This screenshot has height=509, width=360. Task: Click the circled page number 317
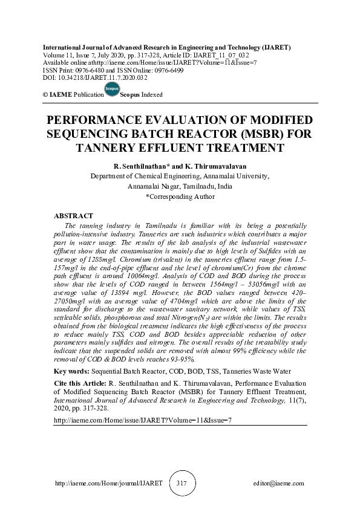pyautogui.click(x=182, y=484)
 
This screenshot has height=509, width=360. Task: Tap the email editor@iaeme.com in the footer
pyautogui.click(x=279, y=484)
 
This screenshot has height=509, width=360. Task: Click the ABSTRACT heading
pyautogui.click(x=73, y=216)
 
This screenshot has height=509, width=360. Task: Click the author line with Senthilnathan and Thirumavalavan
pyautogui.click(x=180, y=166)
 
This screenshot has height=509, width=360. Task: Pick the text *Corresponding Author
pyautogui.click(x=180, y=196)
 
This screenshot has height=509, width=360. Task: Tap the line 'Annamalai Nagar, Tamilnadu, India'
pyautogui.click(x=180, y=186)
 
